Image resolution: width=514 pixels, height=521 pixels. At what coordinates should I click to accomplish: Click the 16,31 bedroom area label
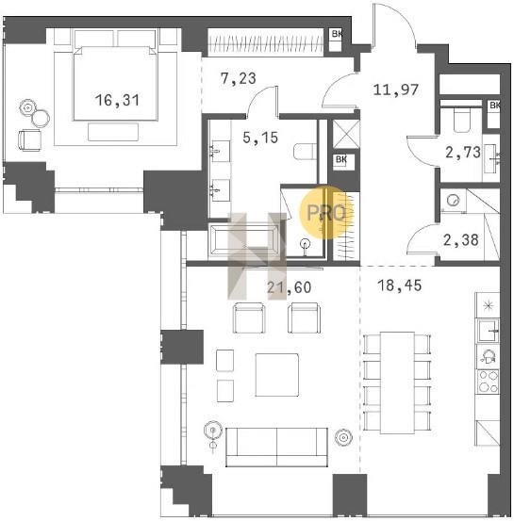coord(117,100)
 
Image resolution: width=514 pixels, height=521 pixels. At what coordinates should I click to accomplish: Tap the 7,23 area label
coord(239,79)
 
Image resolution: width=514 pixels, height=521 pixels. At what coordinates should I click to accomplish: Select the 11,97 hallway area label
coord(395,90)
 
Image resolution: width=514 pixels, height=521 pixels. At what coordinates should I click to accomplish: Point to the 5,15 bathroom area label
coord(260,138)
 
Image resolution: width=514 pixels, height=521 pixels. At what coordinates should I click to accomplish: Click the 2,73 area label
coord(463,153)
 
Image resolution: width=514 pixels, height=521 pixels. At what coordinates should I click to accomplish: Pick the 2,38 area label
coord(461,240)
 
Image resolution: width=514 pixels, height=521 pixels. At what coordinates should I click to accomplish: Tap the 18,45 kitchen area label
coord(400,285)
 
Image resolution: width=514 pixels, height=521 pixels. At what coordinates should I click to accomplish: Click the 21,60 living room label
coord(290,287)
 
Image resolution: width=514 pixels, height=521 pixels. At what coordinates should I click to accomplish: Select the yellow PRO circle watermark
coord(326,212)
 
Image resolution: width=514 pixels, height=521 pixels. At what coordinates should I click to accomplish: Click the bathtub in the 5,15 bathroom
coord(244,239)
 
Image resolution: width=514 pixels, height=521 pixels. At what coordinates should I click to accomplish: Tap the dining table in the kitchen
coord(397,383)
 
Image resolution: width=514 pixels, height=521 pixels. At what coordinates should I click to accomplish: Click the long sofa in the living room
coord(276,447)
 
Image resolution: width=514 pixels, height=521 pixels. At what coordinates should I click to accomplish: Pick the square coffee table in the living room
coord(276,375)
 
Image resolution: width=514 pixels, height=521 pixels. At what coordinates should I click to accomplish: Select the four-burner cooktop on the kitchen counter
coord(488,382)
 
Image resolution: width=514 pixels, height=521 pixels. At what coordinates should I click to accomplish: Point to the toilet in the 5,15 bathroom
coord(305,152)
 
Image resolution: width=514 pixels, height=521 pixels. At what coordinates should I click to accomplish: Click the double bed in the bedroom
coord(115,83)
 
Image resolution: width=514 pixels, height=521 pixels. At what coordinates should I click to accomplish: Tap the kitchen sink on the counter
coord(488,331)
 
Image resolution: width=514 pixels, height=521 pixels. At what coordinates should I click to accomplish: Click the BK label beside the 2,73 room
coord(494,106)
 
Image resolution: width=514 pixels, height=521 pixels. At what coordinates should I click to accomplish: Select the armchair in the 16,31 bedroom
coord(29,140)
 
